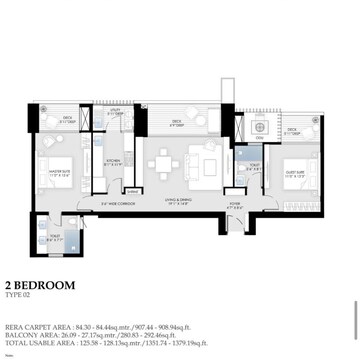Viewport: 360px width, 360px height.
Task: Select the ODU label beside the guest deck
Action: click(259, 139)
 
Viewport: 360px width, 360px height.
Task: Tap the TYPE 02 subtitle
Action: click(17, 296)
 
